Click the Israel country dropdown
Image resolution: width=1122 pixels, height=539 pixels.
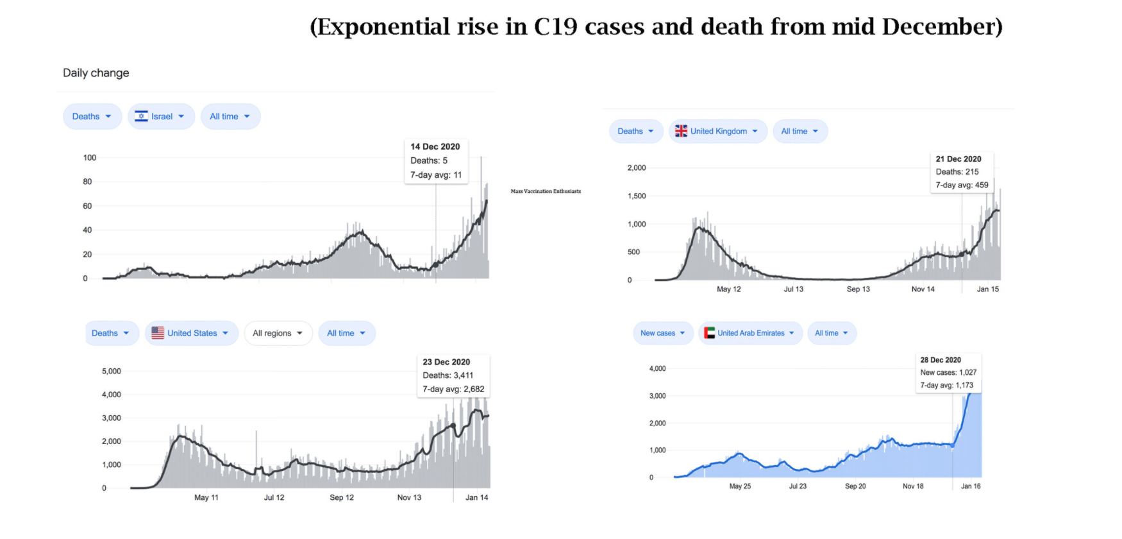point(161,117)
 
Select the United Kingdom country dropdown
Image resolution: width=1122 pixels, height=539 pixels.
point(718,132)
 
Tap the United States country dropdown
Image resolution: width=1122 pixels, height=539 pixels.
point(192,334)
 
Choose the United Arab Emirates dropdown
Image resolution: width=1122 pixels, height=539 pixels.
point(750,334)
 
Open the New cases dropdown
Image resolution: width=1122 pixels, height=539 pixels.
point(663,334)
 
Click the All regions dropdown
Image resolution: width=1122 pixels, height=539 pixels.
point(278,334)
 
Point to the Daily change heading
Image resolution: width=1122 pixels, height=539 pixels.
point(96,73)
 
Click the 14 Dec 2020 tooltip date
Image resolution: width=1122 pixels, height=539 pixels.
point(435,147)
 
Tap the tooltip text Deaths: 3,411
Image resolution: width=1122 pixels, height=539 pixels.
point(448,375)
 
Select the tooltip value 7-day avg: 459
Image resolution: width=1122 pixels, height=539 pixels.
point(962,185)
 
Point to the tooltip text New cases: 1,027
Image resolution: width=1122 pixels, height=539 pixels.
point(948,373)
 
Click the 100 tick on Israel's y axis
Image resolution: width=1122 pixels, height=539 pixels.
point(90,158)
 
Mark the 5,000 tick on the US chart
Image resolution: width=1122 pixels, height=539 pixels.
point(111,372)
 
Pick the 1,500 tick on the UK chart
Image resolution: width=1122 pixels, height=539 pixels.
point(637,196)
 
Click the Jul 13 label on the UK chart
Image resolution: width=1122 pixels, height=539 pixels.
point(793,289)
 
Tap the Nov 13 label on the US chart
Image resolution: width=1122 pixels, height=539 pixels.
point(409,498)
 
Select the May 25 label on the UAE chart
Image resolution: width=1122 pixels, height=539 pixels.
point(740,486)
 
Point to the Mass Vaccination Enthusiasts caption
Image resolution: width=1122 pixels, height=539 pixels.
point(546,191)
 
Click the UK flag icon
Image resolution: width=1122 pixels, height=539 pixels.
point(681,132)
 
